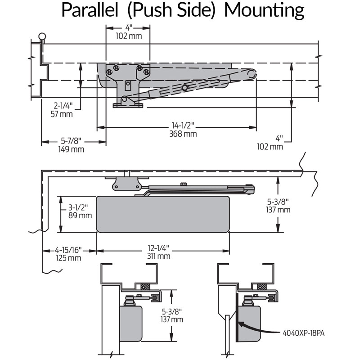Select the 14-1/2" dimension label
coord(183,126)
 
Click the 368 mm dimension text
coord(183,134)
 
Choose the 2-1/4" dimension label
coord(63,106)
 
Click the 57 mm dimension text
coord(63,114)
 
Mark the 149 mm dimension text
coord(71,149)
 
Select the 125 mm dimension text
coord(68,257)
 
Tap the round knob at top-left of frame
coord(42,36)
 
